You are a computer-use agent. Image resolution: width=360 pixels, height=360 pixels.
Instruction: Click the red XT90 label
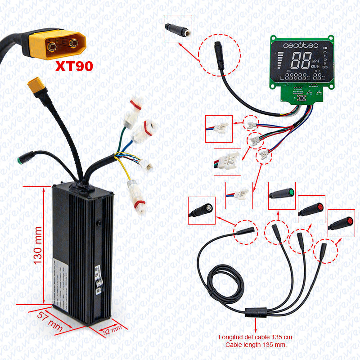74,66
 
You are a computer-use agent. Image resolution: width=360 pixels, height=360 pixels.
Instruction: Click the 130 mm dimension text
38,245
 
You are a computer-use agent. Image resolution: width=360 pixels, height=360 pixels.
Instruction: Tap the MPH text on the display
315,62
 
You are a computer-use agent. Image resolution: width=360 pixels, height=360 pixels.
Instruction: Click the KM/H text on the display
315,67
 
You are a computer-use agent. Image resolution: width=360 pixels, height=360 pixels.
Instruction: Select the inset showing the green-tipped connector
282,195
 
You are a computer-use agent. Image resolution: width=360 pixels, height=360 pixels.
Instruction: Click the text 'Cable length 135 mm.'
256,345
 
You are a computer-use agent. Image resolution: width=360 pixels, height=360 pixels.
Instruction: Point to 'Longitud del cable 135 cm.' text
256,337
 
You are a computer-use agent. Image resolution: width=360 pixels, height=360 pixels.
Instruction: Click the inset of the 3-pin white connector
227,162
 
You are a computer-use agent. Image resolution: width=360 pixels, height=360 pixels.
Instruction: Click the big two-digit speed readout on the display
300,60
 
